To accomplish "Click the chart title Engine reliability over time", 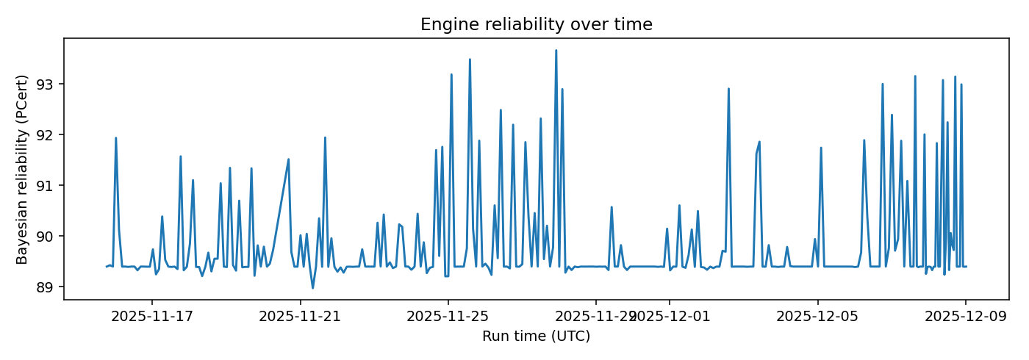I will point(536,24).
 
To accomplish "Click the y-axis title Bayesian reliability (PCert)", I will point(22,169).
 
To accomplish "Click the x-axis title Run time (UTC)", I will point(536,336).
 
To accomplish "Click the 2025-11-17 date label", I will point(151,317).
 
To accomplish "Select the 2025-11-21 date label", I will point(300,317).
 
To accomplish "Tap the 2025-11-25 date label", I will point(448,317).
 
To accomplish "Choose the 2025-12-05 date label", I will point(817,317).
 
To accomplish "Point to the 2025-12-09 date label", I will point(965,317).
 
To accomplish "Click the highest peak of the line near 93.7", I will point(556,51).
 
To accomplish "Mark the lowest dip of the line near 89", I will point(312,287).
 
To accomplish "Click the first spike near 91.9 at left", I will point(115,138).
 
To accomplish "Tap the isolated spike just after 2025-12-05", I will point(821,148).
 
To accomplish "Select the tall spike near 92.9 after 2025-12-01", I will point(728,89).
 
